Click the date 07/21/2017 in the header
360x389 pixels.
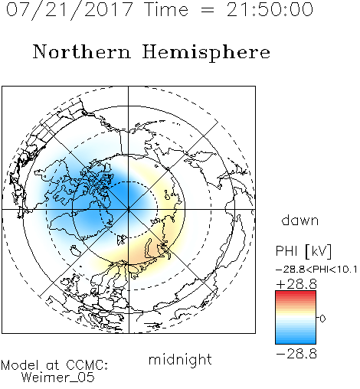click(x=70, y=10)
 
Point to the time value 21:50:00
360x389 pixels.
click(x=270, y=9)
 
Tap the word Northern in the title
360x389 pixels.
click(x=82, y=51)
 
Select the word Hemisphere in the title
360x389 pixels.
click(x=206, y=53)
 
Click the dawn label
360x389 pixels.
click(x=300, y=220)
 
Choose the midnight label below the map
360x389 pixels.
click(x=180, y=359)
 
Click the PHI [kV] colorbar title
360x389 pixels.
click(x=303, y=251)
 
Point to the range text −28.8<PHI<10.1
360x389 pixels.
click(x=316, y=270)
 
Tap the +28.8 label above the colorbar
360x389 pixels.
click(x=296, y=284)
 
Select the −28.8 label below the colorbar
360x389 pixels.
click(x=296, y=354)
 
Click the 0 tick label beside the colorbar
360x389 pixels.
click(x=322, y=319)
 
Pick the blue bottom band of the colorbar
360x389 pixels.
click(x=296, y=341)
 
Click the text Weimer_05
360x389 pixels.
click(x=58, y=377)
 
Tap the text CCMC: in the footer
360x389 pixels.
click(x=87, y=365)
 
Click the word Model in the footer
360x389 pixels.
click(x=20, y=365)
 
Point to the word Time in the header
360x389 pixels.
click(x=166, y=10)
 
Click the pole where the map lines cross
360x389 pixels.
click(x=129, y=209)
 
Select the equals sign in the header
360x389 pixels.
click(x=208, y=11)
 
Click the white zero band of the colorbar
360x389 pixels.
click(x=296, y=319)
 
